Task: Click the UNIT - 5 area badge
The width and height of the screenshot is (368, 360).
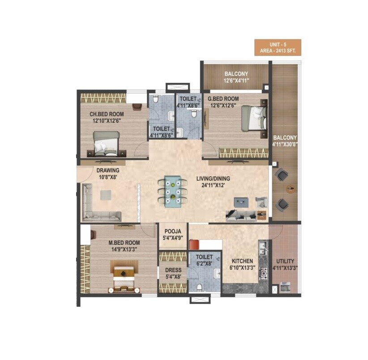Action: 278,47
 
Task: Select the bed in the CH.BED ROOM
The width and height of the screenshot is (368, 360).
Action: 106,143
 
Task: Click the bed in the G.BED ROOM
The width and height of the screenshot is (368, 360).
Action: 253,118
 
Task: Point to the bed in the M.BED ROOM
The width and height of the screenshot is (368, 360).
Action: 123,279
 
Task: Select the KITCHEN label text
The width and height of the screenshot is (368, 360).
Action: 242,264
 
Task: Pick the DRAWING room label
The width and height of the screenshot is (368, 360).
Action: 108,173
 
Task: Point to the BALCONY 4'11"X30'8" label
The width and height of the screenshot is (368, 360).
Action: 284,141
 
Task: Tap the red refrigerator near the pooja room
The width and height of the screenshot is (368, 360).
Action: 194,245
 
